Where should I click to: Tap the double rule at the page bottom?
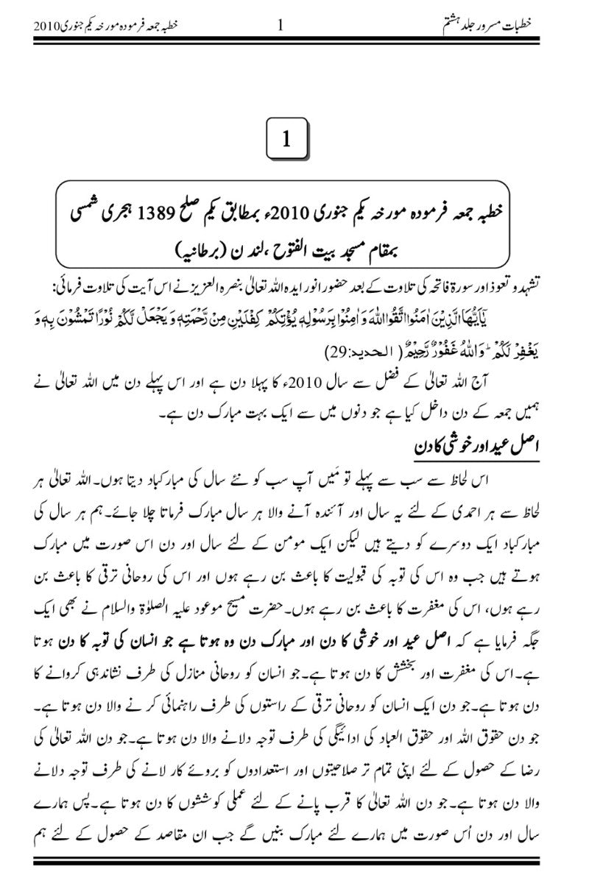[x=294, y=859]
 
